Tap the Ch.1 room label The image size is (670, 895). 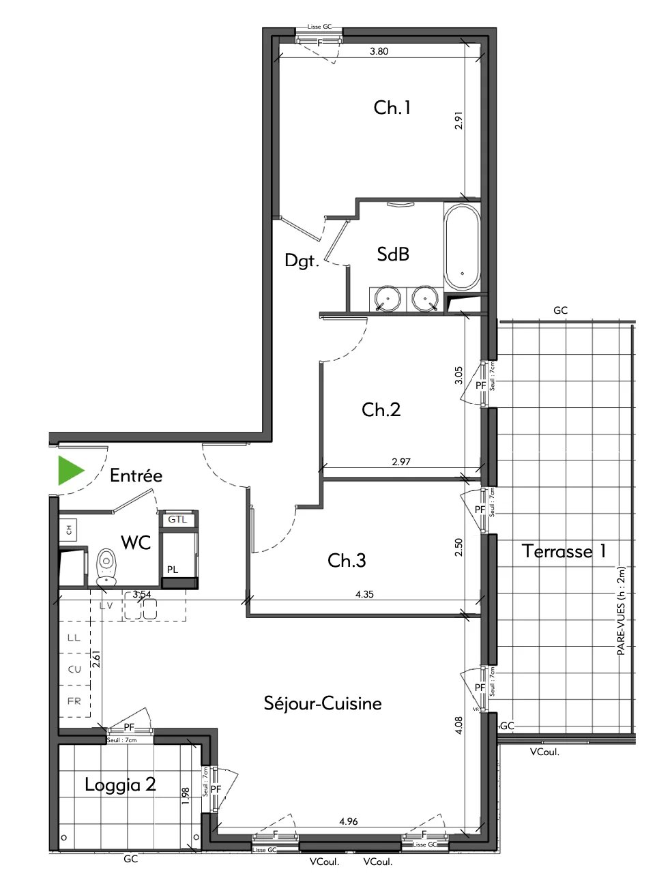392,107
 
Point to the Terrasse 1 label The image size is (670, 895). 564,551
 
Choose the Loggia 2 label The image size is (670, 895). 120,784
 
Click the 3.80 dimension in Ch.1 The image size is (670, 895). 379,51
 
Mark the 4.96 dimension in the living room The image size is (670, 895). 348,821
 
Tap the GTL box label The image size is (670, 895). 177,519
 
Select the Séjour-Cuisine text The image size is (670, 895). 323,703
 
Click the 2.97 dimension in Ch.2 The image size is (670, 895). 401,462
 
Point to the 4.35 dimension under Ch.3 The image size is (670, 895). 364,594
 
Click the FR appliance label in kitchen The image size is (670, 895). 74,701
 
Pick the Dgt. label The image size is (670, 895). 302,260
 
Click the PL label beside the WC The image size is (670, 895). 173,569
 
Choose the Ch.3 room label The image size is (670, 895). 347,560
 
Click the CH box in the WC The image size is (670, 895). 69,528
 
